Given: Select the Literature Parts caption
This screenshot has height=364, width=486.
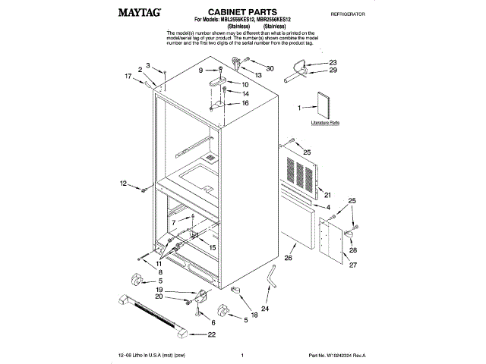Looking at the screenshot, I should click(x=325, y=122).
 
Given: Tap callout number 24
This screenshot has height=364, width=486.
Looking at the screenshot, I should click(x=264, y=309).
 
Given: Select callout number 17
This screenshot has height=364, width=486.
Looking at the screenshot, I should click(x=128, y=75).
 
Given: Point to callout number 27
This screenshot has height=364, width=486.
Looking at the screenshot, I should click(x=352, y=265).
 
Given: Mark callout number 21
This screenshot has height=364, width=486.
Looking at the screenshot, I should click(x=327, y=194).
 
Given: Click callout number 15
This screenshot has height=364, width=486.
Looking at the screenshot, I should click(x=213, y=248).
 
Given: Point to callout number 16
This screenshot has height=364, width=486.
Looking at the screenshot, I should click(x=245, y=102).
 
